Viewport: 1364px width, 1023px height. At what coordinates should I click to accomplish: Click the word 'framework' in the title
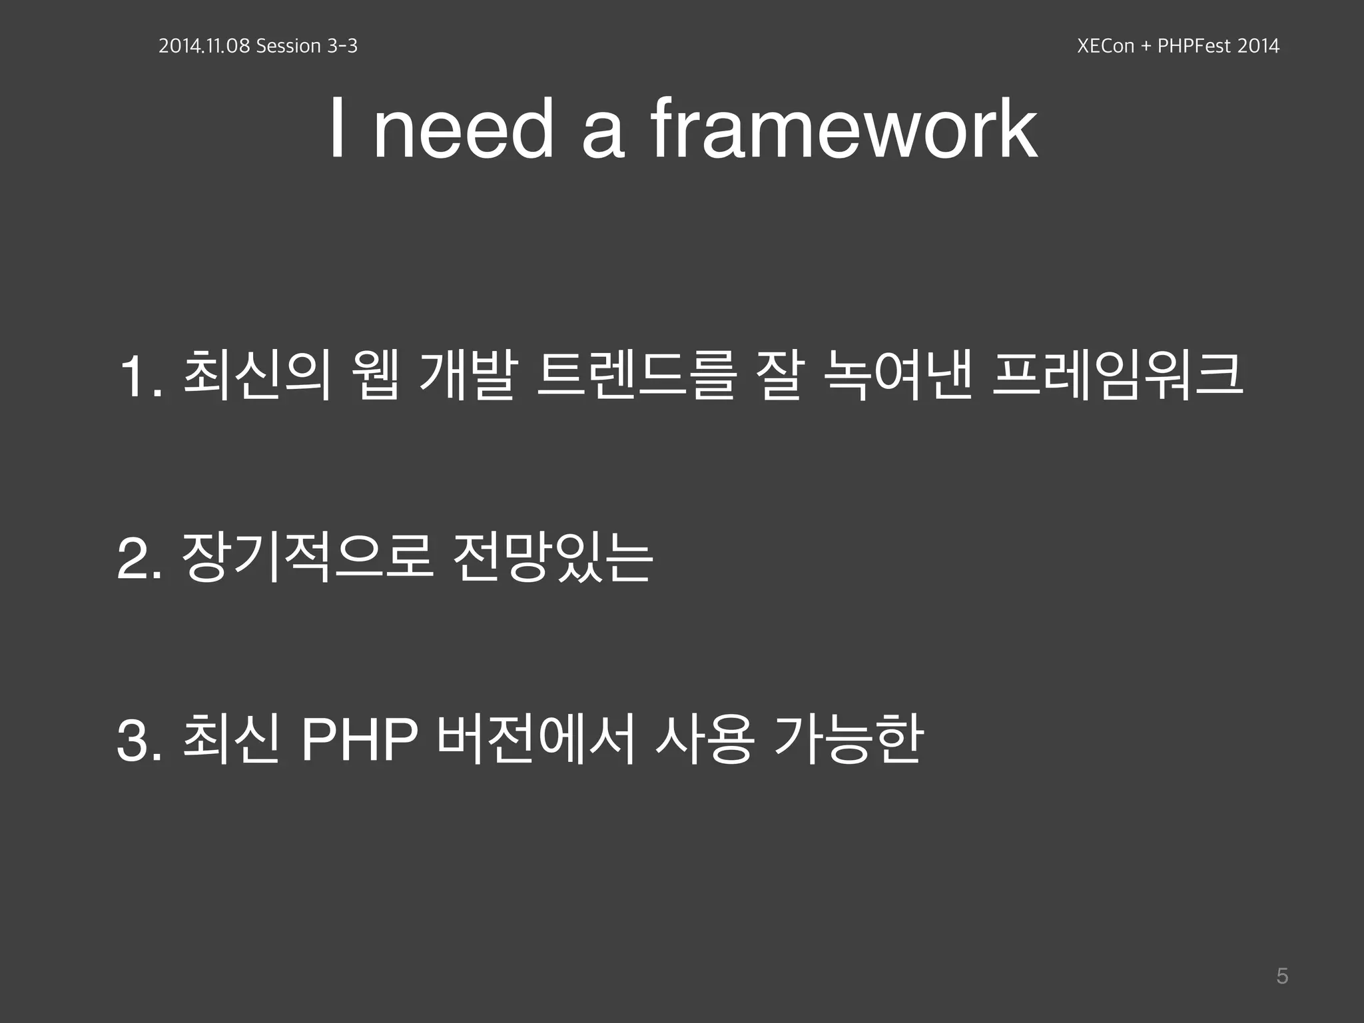843,129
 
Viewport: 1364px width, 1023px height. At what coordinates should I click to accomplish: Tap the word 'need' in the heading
463,129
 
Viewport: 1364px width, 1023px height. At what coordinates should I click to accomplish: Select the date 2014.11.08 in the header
204,46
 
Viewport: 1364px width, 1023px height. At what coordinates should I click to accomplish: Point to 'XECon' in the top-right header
1106,46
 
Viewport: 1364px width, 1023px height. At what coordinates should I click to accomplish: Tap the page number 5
1282,976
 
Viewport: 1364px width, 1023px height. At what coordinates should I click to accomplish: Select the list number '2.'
139,560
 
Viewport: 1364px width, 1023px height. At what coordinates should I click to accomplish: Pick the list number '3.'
139,742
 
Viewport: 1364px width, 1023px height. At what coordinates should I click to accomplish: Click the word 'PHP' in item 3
360,741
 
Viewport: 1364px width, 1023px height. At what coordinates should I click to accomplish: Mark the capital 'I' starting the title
338,129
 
